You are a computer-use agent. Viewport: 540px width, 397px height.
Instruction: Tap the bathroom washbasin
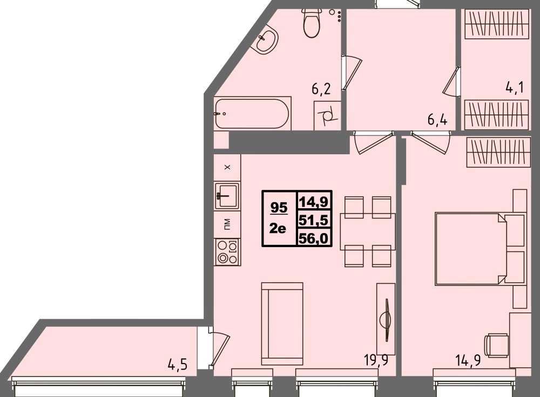tap(267, 40)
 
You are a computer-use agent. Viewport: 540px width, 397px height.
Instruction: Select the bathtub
tap(252, 113)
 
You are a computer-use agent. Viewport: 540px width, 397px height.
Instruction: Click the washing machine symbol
tap(327, 115)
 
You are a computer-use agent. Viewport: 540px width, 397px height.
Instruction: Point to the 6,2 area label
tap(321, 88)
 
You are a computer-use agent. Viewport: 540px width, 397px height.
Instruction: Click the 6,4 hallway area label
tap(437, 119)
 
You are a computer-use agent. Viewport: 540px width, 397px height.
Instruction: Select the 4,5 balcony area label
tap(177, 365)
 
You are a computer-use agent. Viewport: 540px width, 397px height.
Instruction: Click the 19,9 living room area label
tap(375, 360)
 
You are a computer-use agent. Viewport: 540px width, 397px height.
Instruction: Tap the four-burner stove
tap(227, 251)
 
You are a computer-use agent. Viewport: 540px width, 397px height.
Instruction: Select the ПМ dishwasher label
tap(227, 222)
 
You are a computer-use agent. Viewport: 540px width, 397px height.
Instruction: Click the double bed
tap(480, 248)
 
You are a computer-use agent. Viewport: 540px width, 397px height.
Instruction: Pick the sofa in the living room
tap(282, 323)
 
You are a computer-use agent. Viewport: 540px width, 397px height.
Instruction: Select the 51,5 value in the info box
tap(315, 220)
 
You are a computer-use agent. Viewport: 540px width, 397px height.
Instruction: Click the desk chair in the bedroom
tap(496, 345)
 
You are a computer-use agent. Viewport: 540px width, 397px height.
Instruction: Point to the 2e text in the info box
tap(279, 229)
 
